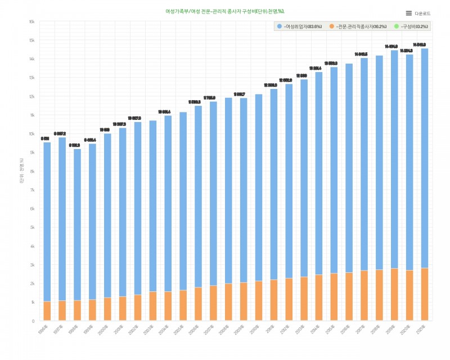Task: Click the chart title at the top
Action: [225, 11]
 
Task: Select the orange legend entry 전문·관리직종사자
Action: [358, 26]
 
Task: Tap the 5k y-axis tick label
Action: [32, 227]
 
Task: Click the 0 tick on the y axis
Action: [33, 321]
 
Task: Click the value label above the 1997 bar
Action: [60, 134]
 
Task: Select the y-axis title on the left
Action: [21, 171]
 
